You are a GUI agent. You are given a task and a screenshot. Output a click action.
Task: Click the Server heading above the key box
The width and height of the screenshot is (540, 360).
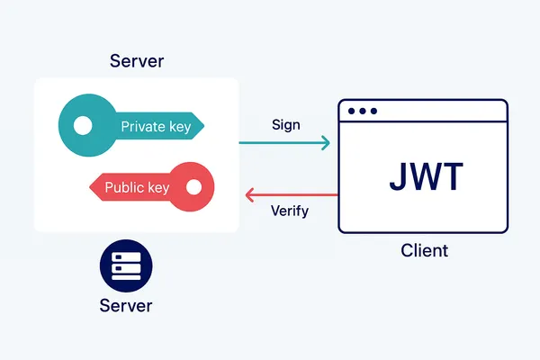click(137, 61)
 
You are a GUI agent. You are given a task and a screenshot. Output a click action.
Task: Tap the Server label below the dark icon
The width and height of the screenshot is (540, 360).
click(126, 306)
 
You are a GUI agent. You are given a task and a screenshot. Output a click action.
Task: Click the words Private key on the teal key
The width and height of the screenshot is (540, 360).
click(156, 127)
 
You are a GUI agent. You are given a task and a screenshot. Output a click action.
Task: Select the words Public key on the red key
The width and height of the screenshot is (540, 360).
click(137, 188)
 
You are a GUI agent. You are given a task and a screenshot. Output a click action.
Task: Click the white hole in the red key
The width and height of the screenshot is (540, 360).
click(192, 187)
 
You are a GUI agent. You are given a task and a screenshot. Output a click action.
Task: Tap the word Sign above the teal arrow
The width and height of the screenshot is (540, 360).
click(286, 125)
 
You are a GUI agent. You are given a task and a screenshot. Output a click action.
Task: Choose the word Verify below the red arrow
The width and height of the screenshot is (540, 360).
click(290, 211)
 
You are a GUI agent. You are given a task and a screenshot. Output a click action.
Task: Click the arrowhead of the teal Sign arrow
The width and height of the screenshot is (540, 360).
click(325, 141)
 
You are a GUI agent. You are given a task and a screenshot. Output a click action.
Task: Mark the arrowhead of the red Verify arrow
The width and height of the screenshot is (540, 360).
click(251, 194)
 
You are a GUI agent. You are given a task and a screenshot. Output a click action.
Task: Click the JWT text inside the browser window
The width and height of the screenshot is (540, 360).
click(426, 177)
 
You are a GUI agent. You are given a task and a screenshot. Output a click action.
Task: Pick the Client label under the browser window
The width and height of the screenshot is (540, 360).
click(424, 250)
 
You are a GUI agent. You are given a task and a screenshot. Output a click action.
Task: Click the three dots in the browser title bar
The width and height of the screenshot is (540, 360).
click(362, 112)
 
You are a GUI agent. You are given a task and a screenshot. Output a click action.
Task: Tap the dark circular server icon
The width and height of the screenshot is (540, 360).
click(126, 265)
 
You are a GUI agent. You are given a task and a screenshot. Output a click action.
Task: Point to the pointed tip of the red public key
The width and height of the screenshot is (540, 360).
click(88, 188)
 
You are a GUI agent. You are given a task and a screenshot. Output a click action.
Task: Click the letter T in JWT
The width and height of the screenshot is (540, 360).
click(452, 177)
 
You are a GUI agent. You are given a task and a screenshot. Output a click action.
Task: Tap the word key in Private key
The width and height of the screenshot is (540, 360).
click(179, 127)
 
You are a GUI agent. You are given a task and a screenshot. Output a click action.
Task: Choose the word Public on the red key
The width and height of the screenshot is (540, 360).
click(124, 188)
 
